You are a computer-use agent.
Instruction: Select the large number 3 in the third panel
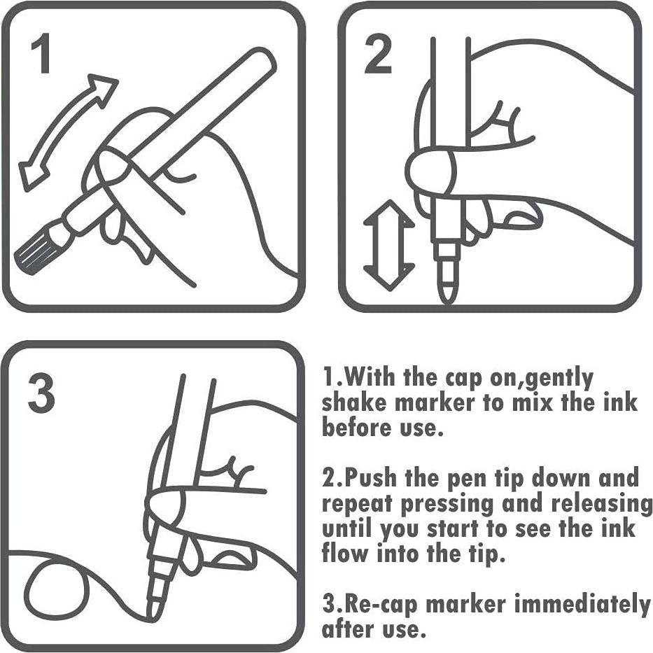tap(41, 393)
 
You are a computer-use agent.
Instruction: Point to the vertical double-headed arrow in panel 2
tap(388, 245)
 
